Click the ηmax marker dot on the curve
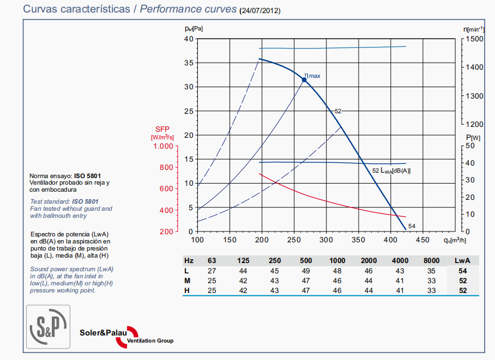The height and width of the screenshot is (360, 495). pos(304,80)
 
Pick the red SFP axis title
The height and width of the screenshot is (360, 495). pos(162,129)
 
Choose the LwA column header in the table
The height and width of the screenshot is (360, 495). pos(462,261)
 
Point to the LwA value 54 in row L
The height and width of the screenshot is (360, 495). pos(462,271)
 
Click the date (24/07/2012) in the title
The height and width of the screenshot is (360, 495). pos(261,10)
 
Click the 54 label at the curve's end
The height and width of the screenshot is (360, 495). pos(412,227)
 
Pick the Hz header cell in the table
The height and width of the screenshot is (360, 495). pos(189,261)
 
